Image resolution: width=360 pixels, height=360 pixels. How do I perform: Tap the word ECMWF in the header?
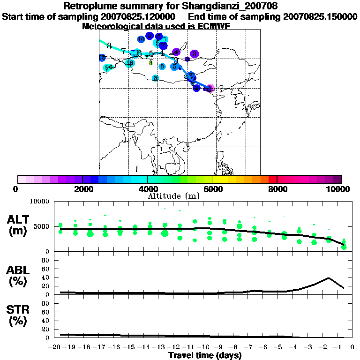pos(214,26)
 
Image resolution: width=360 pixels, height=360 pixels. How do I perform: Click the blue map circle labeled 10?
pos(141,39)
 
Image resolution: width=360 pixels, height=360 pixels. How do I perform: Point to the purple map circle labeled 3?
pos(194,54)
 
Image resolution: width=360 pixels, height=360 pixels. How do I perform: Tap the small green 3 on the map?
pos(150,63)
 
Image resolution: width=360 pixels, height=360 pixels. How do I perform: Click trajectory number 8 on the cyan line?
pos(109,46)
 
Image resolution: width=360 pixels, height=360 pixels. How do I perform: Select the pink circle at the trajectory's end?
pos(210,88)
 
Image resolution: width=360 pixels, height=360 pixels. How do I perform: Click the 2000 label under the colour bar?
pos(82,189)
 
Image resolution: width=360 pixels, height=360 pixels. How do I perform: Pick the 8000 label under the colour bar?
pos(277,189)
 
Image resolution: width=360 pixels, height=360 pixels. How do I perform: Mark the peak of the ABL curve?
pos(329,278)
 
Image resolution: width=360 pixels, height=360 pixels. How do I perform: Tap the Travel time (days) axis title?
pos(205,355)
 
